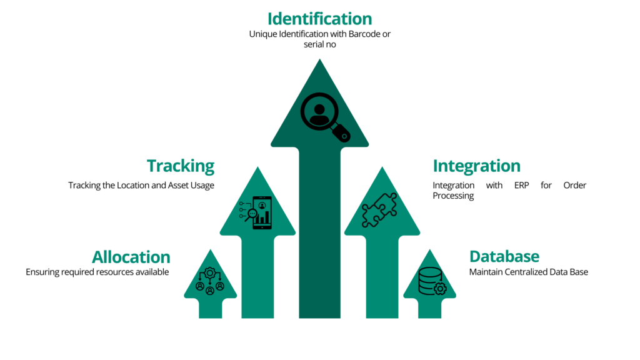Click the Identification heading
319,19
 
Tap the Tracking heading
181,166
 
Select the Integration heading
476,166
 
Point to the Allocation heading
131,257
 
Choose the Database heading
504,257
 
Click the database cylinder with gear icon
431,281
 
